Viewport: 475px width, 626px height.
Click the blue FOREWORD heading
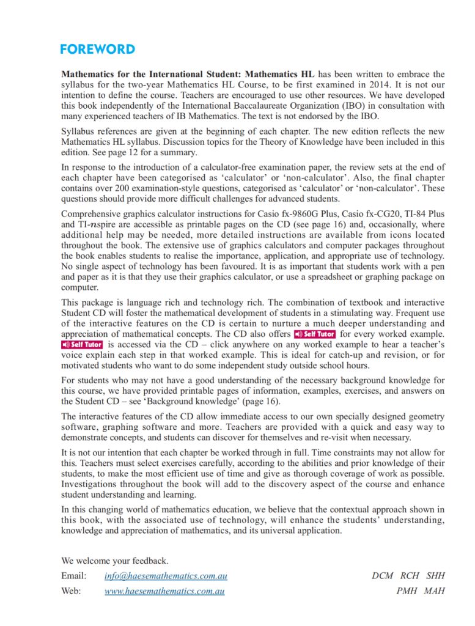click(x=97, y=50)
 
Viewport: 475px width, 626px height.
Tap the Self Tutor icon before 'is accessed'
click(x=82, y=345)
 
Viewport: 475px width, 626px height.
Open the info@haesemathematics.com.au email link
click(x=166, y=576)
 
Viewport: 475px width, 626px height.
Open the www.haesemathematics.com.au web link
click(x=164, y=591)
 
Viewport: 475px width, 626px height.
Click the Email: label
click(x=74, y=576)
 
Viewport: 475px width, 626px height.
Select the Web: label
click(x=72, y=591)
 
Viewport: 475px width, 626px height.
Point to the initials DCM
click(x=383, y=576)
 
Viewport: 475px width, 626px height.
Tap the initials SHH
click(x=435, y=576)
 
